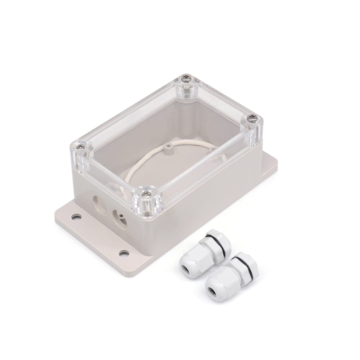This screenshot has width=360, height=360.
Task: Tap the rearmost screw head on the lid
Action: [186, 80]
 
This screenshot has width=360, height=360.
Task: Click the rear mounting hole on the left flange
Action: [76, 217]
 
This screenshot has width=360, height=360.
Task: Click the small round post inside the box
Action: [168, 147]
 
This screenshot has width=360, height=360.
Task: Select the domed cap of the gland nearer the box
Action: [191, 261]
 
